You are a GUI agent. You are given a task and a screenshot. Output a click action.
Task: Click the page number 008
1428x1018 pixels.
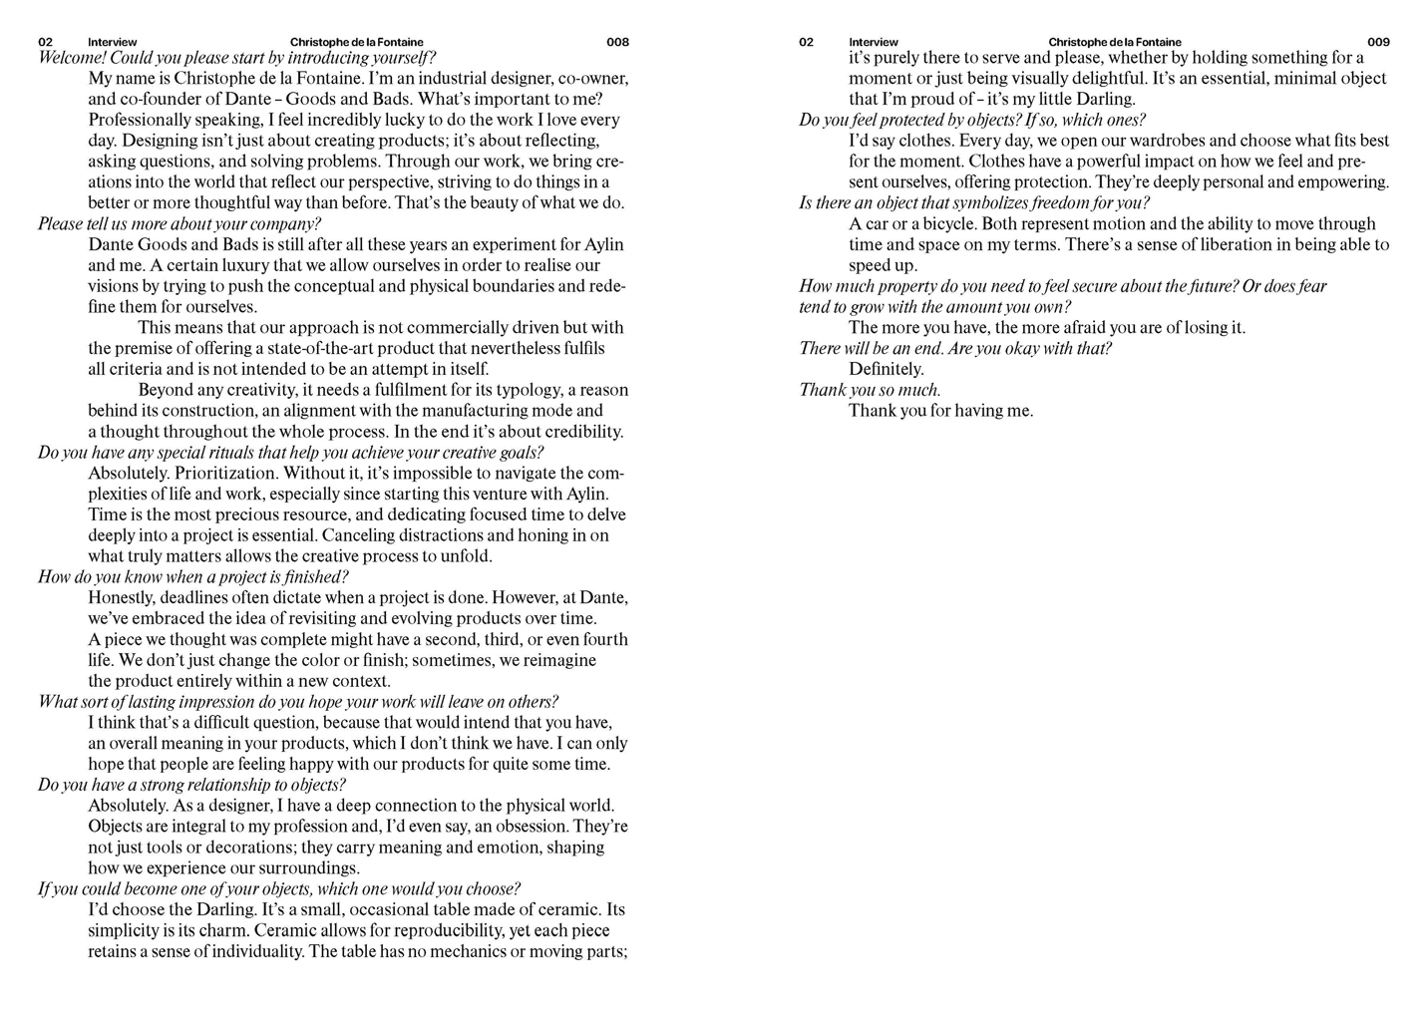[617, 42]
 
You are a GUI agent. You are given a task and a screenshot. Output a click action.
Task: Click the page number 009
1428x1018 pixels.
[1378, 42]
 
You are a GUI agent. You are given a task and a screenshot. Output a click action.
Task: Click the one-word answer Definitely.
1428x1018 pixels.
[887, 369]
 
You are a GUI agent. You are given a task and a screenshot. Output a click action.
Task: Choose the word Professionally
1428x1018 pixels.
[139, 120]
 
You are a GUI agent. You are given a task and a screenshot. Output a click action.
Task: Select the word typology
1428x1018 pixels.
[523, 390]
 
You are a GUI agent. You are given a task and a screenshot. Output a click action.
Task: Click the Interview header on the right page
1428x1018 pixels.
[873, 42]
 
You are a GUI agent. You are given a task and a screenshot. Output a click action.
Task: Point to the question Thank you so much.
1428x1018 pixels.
[870, 390]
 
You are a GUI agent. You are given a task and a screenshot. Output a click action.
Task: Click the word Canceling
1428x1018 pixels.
[363, 535]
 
